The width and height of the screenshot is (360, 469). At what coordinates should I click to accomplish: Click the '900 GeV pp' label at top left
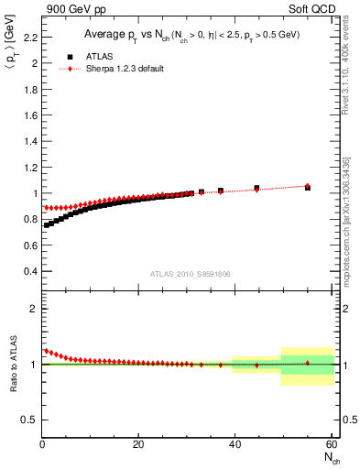[75, 10]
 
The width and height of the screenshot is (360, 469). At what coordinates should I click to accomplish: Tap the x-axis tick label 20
[137, 445]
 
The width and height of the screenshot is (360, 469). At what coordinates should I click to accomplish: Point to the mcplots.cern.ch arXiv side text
[346, 211]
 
